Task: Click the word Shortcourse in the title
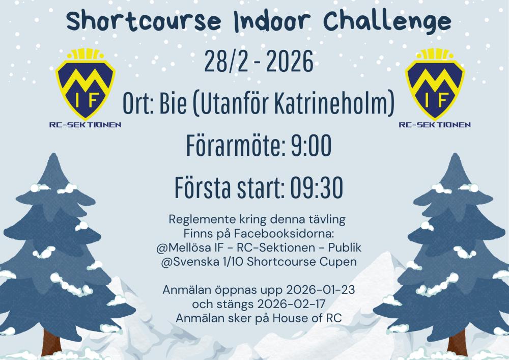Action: (144, 21)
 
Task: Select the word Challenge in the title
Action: (387, 22)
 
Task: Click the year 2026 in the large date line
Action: (290, 61)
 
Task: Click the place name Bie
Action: (173, 103)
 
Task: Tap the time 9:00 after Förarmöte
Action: (310, 145)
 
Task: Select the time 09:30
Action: (317, 187)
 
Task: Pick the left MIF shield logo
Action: (85, 84)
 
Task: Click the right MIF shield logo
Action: (435, 84)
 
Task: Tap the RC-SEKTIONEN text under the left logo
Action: (85, 125)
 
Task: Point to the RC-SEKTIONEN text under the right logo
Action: (435, 125)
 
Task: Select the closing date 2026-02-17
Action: (291, 304)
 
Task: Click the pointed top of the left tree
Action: (53, 154)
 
